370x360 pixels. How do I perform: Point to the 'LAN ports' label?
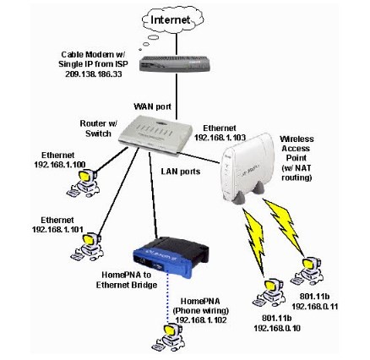pyautogui.click(x=180, y=170)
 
